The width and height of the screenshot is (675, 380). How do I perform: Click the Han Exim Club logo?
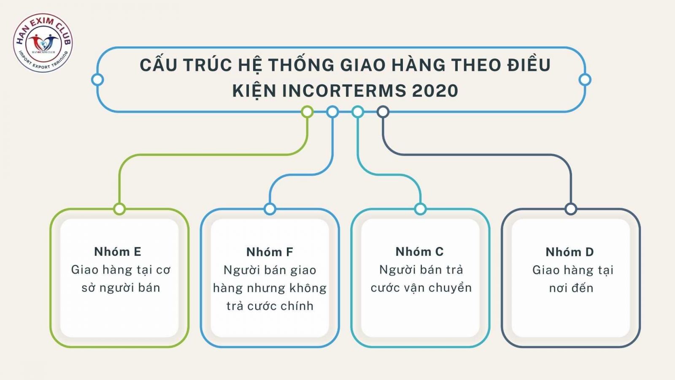pyautogui.click(x=43, y=43)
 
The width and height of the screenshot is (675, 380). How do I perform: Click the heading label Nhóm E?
pyautogui.click(x=118, y=252)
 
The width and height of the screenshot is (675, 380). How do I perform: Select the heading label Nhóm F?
pyautogui.click(x=270, y=252)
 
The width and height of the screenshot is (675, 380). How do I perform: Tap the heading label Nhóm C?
pyautogui.click(x=419, y=252)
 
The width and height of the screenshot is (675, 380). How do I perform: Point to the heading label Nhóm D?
pyautogui.click(x=570, y=252)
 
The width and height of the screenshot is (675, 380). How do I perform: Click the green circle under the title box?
pyautogui.click(x=307, y=112)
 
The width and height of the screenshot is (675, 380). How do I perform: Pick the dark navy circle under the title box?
pyautogui.click(x=383, y=112)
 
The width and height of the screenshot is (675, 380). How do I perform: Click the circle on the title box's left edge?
pyautogui.click(x=97, y=79)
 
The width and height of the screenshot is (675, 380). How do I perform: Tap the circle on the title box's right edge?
pyautogui.click(x=585, y=79)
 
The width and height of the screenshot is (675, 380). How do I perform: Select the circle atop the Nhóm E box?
pyautogui.click(x=119, y=209)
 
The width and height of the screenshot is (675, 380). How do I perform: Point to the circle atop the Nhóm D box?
pyautogui.click(x=571, y=209)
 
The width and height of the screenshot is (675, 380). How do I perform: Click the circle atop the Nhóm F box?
pyautogui.click(x=270, y=209)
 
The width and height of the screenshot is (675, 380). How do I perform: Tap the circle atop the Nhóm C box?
pyautogui.click(x=420, y=209)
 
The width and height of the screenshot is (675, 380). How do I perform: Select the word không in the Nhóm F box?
pyautogui.click(x=308, y=288)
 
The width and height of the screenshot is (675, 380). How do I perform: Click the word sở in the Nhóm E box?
pyautogui.click(x=89, y=288)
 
